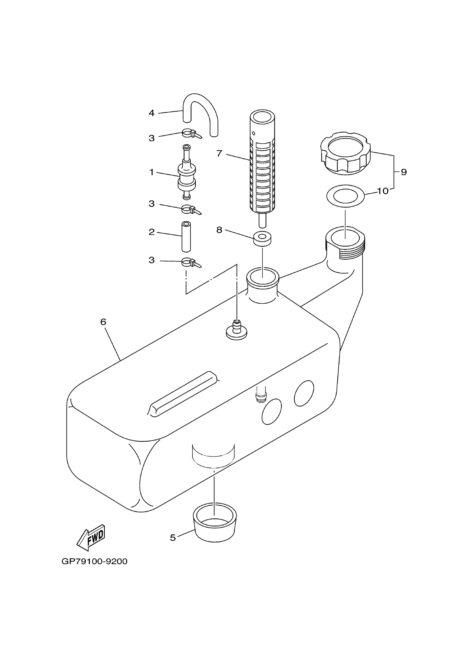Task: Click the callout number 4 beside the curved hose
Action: coord(152,113)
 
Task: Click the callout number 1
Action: coord(152,172)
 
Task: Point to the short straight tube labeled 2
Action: coord(186,237)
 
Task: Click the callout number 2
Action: coord(152,232)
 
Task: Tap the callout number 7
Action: coord(219,153)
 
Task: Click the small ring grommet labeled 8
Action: coord(262,239)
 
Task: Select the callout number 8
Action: coord(219,230)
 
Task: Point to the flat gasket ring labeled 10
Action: coord(345,196)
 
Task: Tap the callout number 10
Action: coord(383,191)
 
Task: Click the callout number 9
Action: coord(404,172)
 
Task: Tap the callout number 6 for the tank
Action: coord(103,322)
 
